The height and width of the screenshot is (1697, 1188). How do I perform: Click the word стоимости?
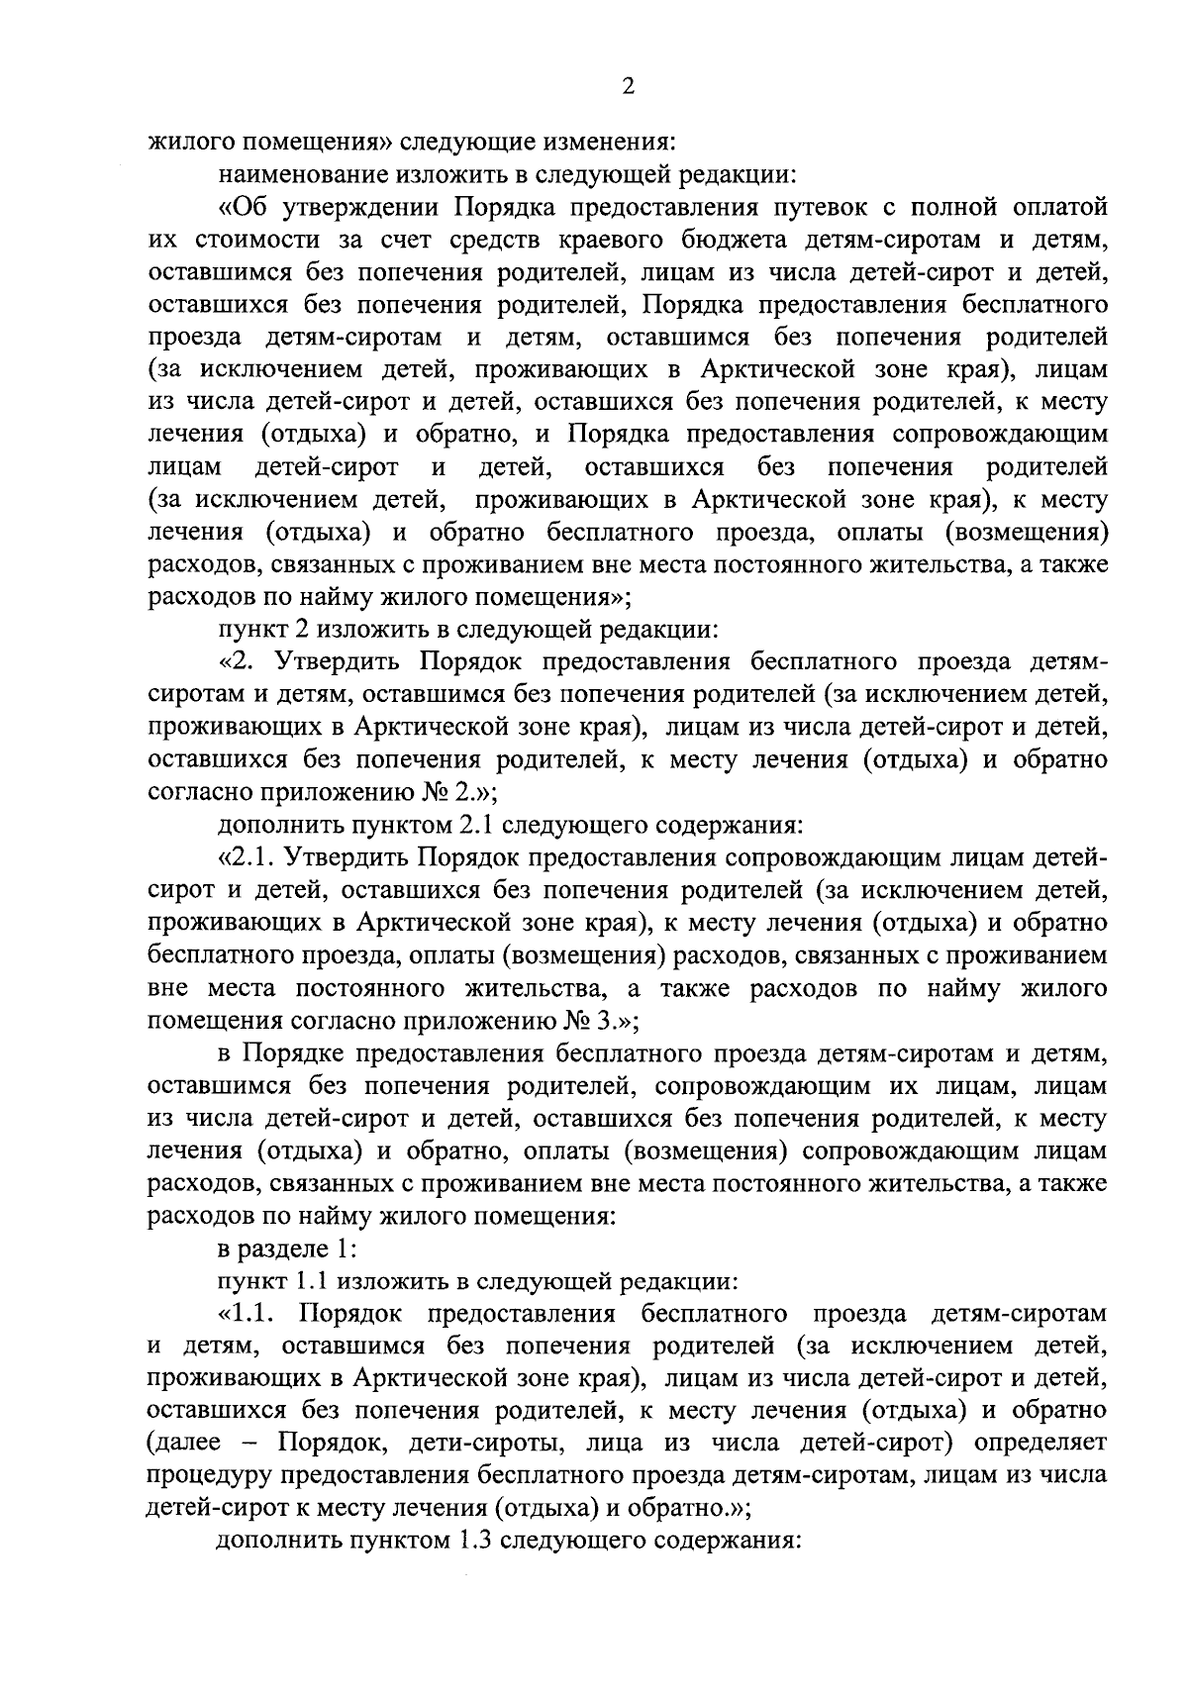[x=252, y=241]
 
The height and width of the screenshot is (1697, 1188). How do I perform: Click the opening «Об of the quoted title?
[x=239, y=208]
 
